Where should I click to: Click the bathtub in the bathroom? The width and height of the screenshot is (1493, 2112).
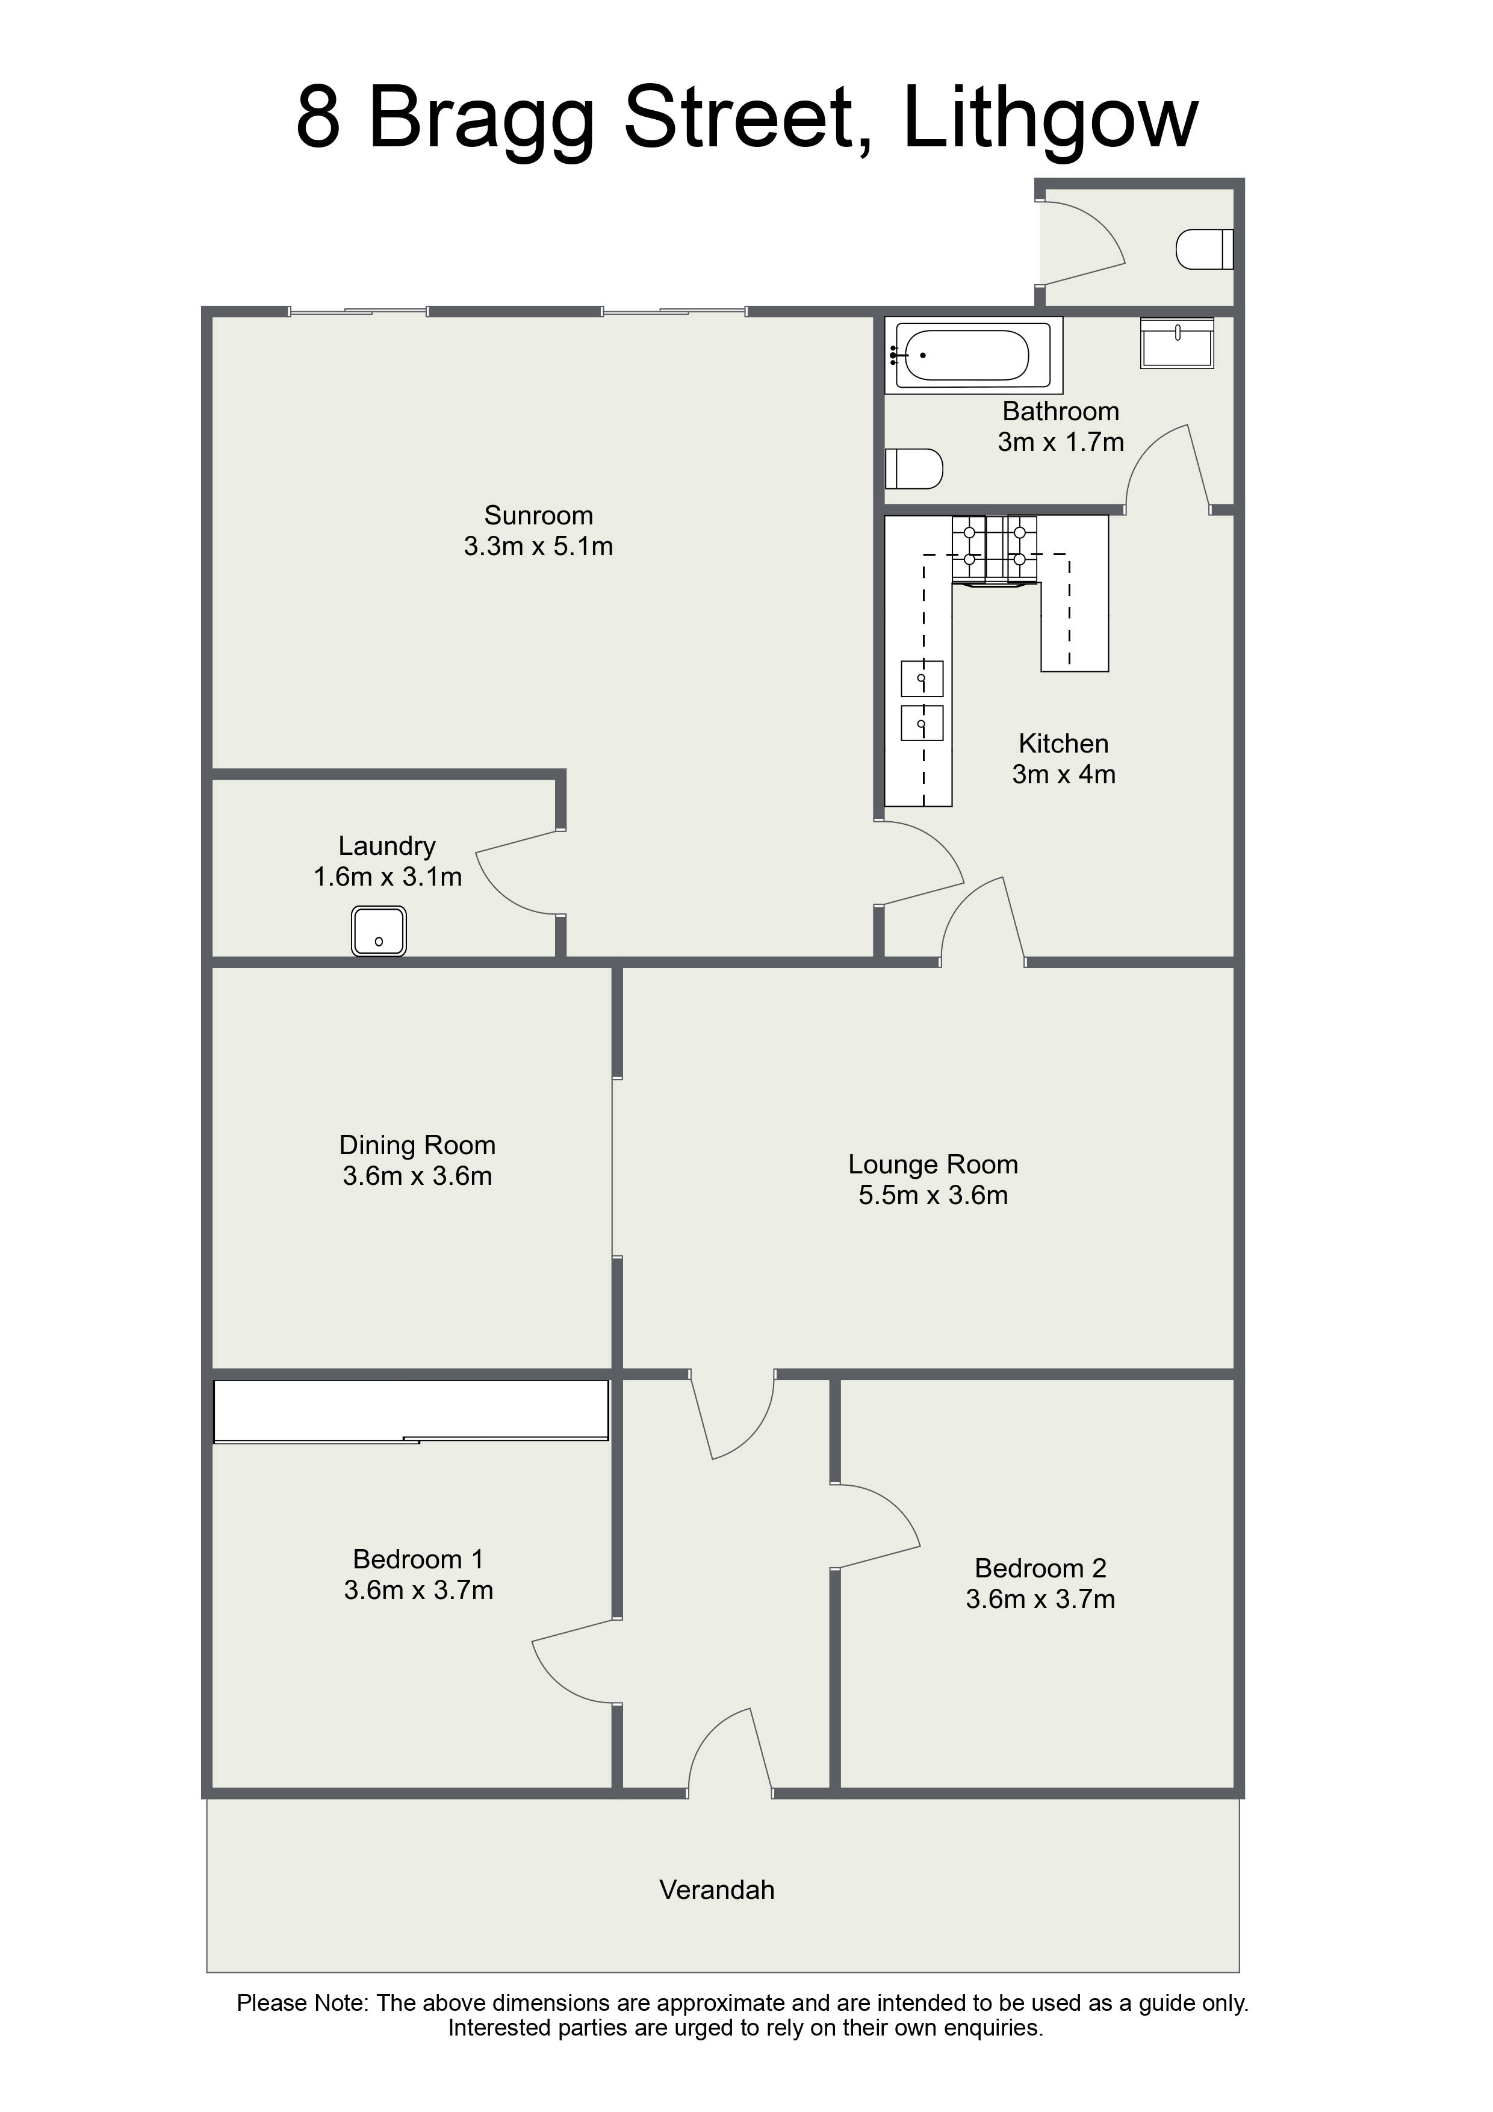pos(974,355)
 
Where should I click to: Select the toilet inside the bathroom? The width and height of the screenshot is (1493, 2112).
pos(914,468)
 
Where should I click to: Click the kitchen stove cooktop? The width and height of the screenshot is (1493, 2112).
pos(995,548)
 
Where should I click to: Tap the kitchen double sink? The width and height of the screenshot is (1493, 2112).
pos(922,700)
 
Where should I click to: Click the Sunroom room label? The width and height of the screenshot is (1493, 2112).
pos(538,515)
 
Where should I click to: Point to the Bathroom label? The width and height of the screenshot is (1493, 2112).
pos(1061,411)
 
